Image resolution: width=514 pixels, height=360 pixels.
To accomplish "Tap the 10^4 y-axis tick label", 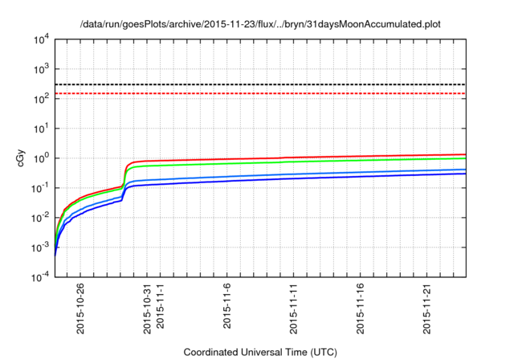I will (40, 39).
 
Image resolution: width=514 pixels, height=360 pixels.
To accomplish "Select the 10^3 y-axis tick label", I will (40, 69).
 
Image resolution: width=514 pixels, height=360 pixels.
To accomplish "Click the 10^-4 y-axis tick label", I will (40, 277).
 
